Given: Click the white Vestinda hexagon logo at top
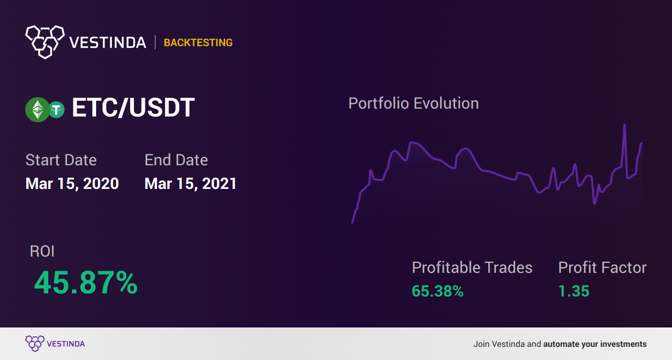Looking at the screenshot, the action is [45, 42].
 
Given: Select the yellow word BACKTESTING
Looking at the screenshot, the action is [198, 43].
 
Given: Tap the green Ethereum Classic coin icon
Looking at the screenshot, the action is [37, 110].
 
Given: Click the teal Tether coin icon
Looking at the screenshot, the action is [56, 110].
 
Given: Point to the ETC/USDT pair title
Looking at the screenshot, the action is [133, 108].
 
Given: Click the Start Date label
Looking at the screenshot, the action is [61, 160].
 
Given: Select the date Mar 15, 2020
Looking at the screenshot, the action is [72, 184].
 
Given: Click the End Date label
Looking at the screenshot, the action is [176, 160].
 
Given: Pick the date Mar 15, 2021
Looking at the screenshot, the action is [191, 184].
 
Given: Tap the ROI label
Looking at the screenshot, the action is [42, 251].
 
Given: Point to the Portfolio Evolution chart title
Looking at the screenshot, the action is [413, 104].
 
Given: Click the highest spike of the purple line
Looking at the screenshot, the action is [624, 124].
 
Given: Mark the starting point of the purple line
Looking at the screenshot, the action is [352, 223].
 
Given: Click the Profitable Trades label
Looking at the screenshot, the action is [472, 268].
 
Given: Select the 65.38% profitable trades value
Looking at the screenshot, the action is [437, 291].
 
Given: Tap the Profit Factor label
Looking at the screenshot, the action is [602, 268].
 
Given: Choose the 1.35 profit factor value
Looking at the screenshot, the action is [574, 291].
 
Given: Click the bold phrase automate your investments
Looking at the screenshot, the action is [595, 344].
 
